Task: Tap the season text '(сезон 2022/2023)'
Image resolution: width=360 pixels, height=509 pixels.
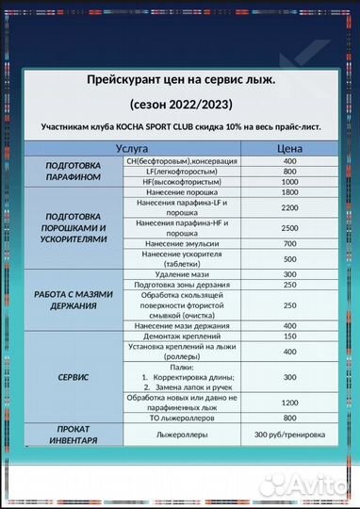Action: [180, 104]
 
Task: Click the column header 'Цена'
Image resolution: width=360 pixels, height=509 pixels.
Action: [288, 149]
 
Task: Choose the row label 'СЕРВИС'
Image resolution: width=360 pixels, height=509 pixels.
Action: [74, 376]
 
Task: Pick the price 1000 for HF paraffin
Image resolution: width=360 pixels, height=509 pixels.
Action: [288, 183]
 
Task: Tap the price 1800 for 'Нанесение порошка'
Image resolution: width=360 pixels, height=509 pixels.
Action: [288, 194]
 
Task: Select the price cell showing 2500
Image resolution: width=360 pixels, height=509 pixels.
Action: [288, 228]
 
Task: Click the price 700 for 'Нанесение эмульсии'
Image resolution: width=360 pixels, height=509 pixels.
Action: [288, 244]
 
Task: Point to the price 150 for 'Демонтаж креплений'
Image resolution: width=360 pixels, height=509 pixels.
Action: [288, 337]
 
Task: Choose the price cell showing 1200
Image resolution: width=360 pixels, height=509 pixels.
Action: [288, 402]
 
